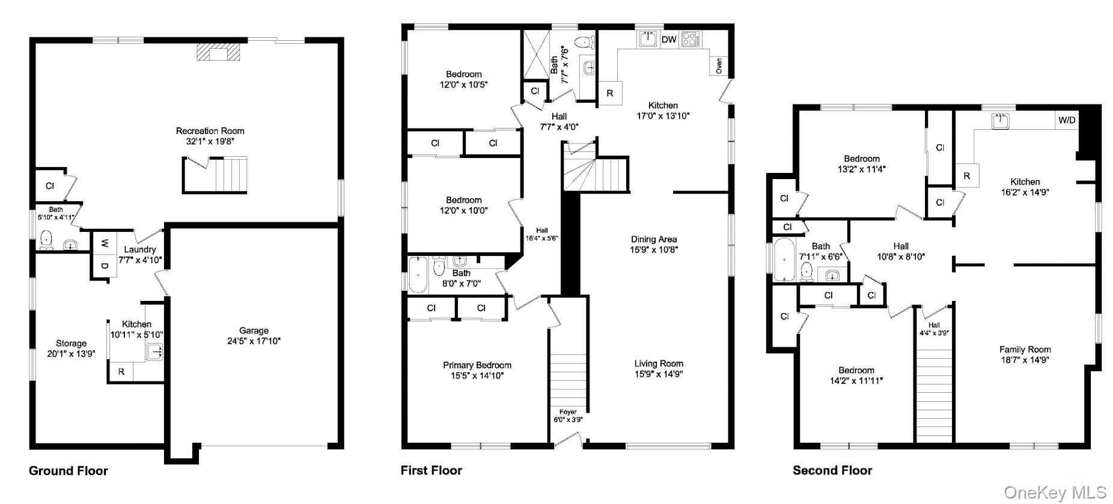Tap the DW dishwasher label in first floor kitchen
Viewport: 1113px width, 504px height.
[x=669, y=40]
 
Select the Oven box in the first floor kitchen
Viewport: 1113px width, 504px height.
[x=719, y=66]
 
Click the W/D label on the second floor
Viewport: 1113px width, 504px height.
[x=1067, y=120]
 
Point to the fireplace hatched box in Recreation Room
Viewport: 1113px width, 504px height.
[x=218, y=53]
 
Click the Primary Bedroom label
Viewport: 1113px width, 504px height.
[x=477, y=365]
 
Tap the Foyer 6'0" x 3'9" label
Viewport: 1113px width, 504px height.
[x=568, y=416]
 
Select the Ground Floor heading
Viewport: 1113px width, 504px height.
[x=69, y=471]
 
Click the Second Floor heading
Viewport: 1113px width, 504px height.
[x=832, y=470]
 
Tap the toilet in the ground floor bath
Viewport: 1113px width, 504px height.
[x=47, y=241]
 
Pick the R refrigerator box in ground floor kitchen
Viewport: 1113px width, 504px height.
[x=121, y=372]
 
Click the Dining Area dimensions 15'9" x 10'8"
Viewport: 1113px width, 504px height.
[x=654, y=250]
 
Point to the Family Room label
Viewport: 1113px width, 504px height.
[x=1025, y=350]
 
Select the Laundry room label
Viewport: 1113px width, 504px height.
[x=140, y=249]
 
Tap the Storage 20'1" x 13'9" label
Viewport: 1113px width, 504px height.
[x=72, y=348]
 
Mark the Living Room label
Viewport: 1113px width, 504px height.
[x=659, y=363]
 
